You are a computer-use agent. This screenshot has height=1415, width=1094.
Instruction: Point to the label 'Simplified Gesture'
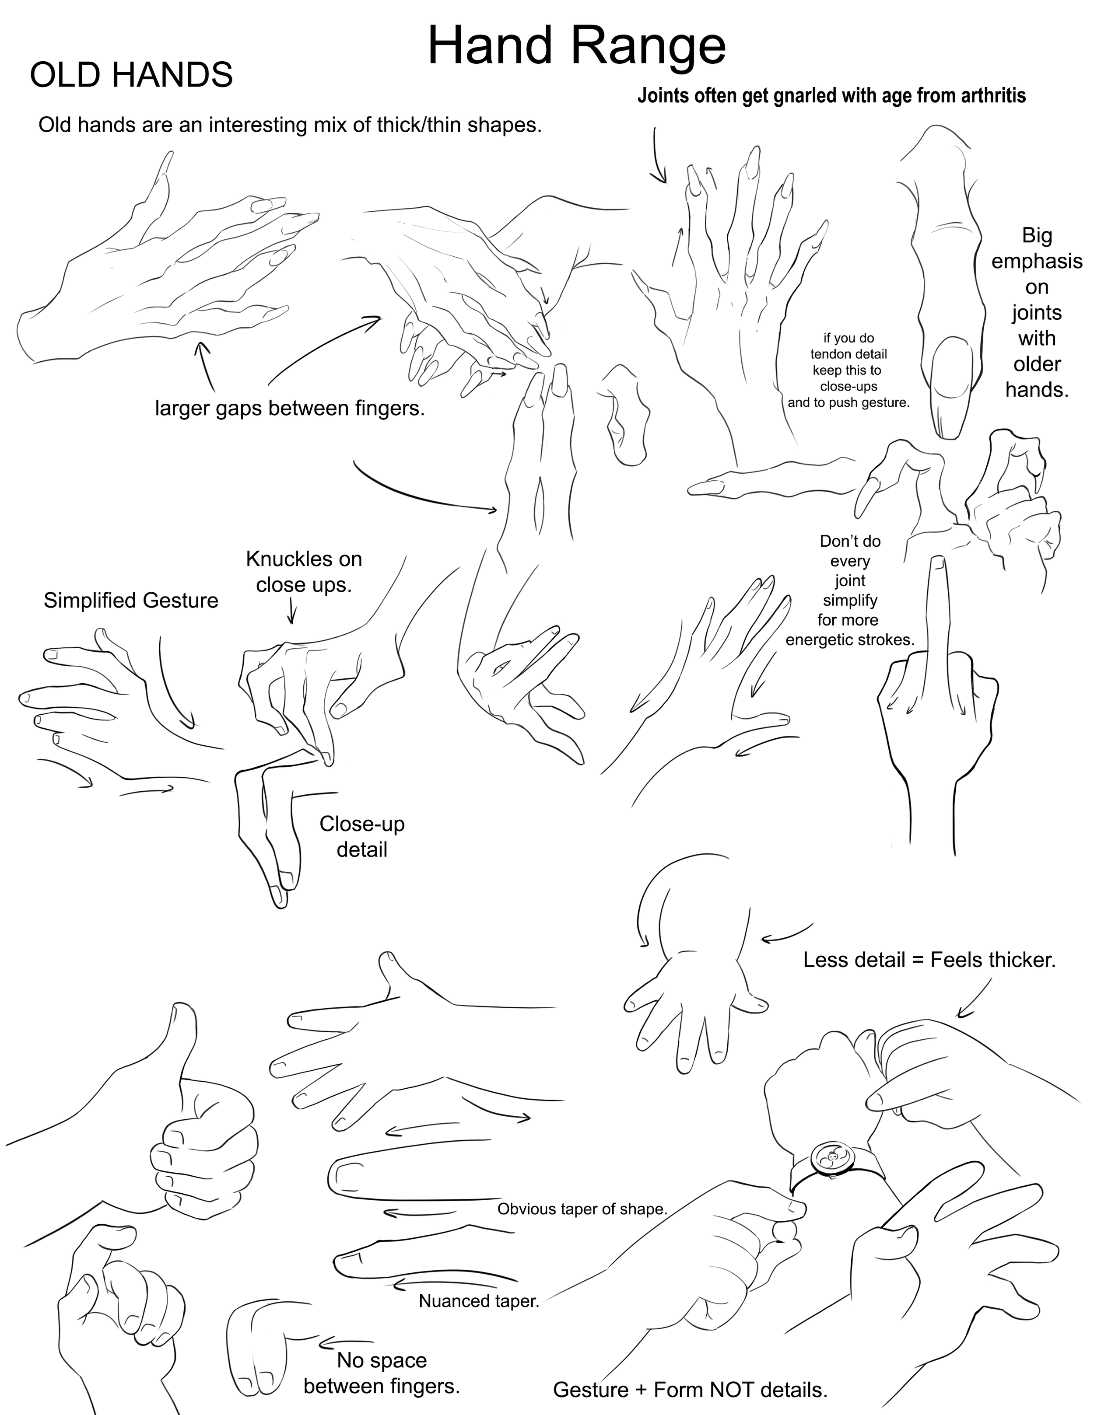coord(130,601)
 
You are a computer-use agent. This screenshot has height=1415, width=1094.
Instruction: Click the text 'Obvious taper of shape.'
coord(582,1209)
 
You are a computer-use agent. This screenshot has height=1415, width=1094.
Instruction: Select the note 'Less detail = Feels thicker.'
coord(929,960)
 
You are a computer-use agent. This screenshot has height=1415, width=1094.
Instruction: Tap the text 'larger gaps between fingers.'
coord(290,409)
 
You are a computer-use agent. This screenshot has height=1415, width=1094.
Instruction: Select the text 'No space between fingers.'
coord(381,1373)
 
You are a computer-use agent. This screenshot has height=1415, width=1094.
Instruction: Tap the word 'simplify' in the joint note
coord(850,600)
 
